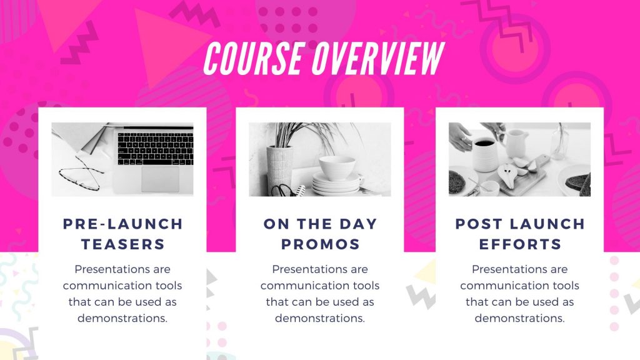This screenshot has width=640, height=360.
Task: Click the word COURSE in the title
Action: (253, 58)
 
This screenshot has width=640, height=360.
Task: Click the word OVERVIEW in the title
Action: (378, 58)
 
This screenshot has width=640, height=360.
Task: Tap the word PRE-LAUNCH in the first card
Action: (123, 224)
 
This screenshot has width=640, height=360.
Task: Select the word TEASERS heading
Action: (123, 244)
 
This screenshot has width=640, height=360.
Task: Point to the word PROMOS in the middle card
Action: (321, 244)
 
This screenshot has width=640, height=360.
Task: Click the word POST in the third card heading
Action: (479, 224)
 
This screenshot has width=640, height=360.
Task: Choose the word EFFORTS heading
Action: (520, 244)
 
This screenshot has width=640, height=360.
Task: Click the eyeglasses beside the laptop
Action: (82, 174)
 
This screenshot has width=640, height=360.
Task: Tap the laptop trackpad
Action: (160, 179)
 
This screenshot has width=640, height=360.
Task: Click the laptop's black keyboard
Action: (156, 148)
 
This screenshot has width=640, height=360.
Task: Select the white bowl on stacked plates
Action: (337, 167)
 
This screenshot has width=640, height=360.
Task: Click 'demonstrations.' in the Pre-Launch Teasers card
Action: (122, 318)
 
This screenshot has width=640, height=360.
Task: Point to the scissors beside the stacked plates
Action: (284, 190)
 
